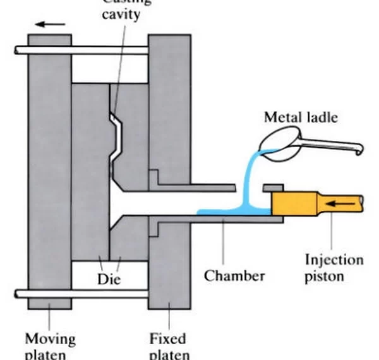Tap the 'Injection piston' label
coord(334,267)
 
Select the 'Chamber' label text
coord(234,275)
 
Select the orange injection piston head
coord(293,203)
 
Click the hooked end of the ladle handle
coord(361,152)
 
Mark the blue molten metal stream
coord(247,180)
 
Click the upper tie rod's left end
coord(17,50)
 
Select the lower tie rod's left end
coord(17,294)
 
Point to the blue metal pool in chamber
coord(221,212)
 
